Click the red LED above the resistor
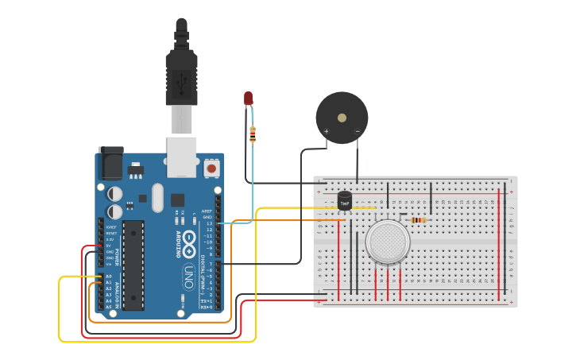coord(248,99)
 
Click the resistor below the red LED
coord(253,134)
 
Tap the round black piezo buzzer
coord(342,117)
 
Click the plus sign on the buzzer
coord(325,130)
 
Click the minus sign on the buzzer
coord(358,130)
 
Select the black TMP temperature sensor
coord(345,202)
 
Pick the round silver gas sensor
coord(388,242)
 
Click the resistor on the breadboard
coord(418,220)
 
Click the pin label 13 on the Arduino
coord(209,223)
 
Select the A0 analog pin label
coord(109,276)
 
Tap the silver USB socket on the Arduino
coord(181,157)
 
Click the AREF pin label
coord(207,211)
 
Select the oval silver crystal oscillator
coord(157,196)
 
